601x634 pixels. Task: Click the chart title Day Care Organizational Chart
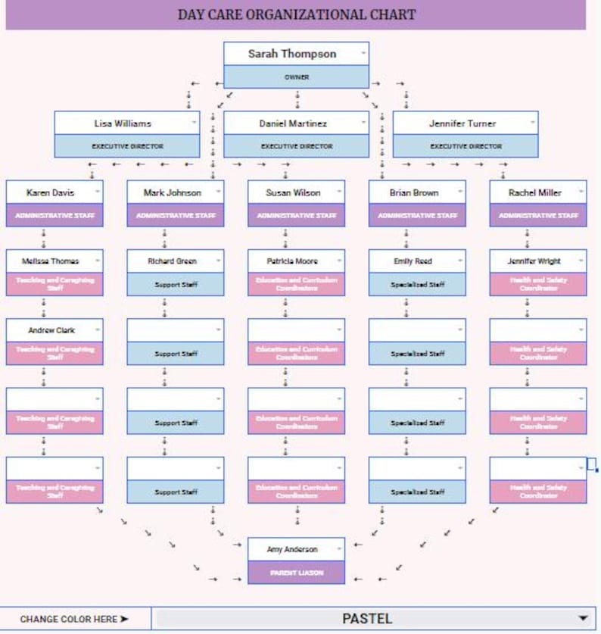pos(296,14)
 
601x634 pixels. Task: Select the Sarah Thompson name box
pos(292,54)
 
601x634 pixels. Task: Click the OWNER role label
pos(296,77)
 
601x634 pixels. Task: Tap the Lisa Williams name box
pos(123,123)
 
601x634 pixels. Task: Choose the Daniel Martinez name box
pos(293,123)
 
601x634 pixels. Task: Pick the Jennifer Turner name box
pos(462,123)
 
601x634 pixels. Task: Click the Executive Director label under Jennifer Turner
pos(466,146)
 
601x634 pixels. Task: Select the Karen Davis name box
pos(51,192)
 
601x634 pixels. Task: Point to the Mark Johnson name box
pos(173,192)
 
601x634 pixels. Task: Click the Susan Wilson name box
pos(293,192)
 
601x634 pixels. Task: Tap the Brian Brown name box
pos(413,192)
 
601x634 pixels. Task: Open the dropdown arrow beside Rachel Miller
pos(581,192)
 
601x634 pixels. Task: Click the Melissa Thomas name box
pos(51,261)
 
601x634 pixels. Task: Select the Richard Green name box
pos(173,261)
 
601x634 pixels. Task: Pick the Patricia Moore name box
pos(292,261)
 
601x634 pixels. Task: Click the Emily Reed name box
pos(413,261)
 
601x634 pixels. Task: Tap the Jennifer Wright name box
pos(534,261)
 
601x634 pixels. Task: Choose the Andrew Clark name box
pos(51,330)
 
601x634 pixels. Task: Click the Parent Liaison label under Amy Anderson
pos(296,573)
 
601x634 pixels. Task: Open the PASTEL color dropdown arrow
pos(582,618)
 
